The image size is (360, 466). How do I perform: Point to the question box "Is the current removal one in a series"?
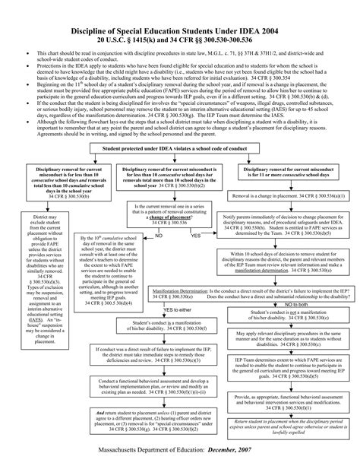(x=161, y=212)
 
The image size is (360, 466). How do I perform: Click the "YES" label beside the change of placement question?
(x=195, y=236)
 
